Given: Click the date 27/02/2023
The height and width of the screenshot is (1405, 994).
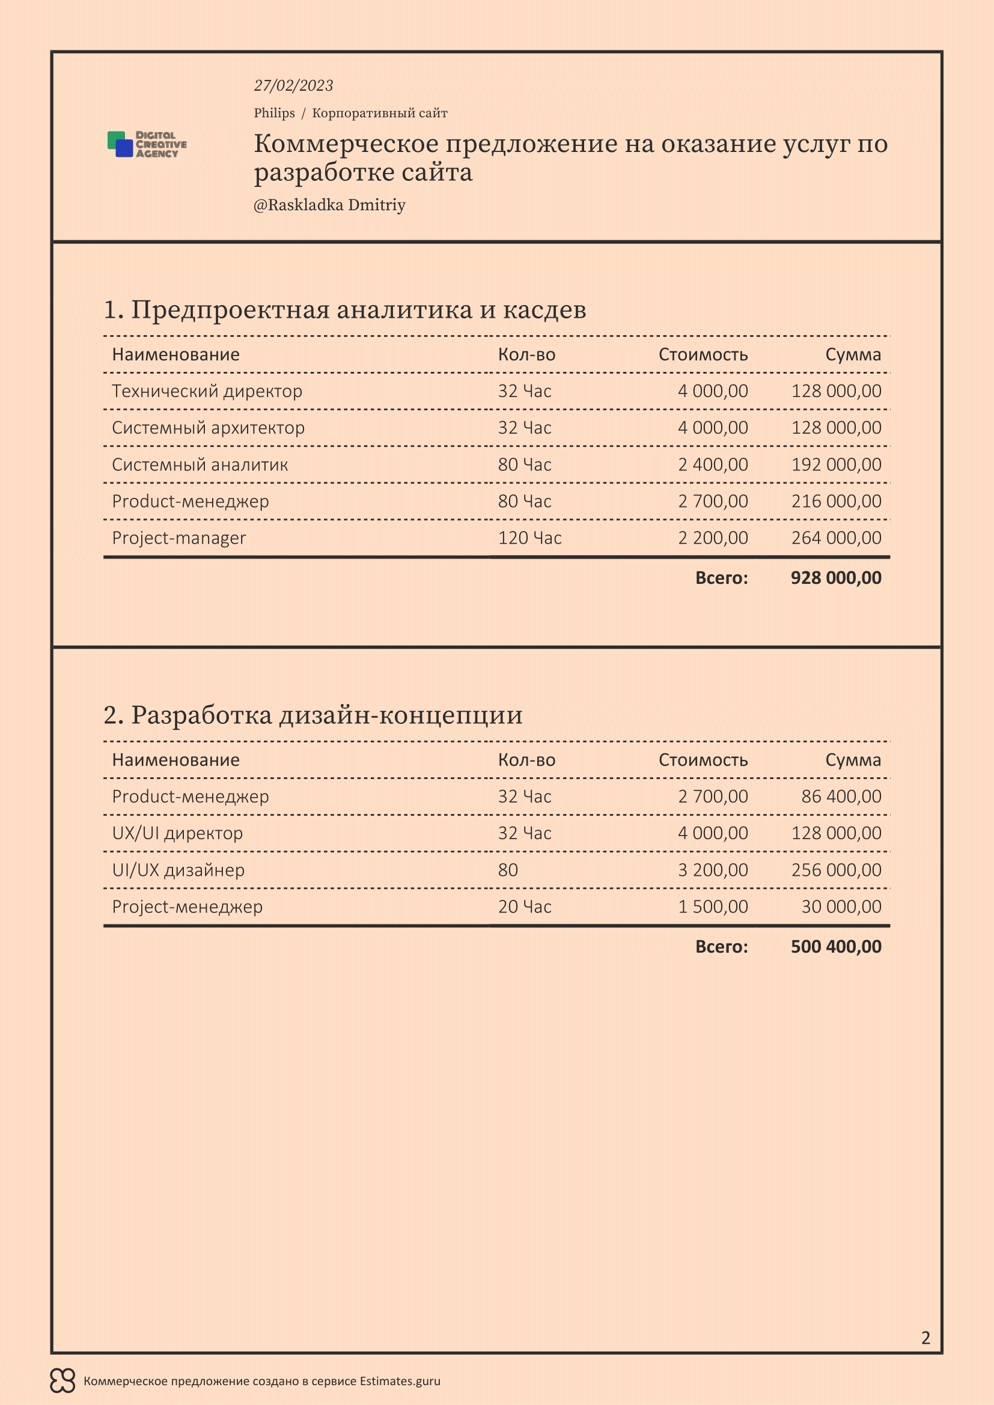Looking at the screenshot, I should pyautogui.click(x=293, y=86).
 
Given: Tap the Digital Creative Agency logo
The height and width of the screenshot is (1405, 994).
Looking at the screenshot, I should pyautogui.click(x=147, y=144).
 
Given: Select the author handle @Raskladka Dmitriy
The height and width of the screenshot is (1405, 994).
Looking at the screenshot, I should pyautogui.click(x=329, y=205).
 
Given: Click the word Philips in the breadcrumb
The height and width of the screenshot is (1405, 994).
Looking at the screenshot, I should pyautogui.click(x=274, y=113).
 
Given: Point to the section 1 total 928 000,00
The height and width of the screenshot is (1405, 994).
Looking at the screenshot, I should pyautogui.click(x=835, y=578).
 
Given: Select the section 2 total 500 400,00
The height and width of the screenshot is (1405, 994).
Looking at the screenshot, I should pyautogui.click(x=835, y=947).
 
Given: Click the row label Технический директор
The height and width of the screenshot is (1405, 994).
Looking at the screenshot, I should pyautogui.click(x=207, y=391).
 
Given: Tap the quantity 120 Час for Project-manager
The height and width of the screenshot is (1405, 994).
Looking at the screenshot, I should pyautogui.click(x=529, y=538).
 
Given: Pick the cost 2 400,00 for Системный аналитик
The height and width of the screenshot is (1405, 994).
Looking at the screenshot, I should pyautogui.click(x=713, y=464).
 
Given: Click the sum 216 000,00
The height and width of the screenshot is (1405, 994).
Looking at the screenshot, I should pyautogui.click(x=836, y=501).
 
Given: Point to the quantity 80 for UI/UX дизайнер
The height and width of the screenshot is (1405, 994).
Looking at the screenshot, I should pyautogui.click(x=508, y=870).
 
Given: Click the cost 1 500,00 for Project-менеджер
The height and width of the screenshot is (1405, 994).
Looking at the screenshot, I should pyautogui.click(x=713, y=906).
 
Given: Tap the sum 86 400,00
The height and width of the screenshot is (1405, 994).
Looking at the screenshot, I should pyautogui.click(x=841, y=796).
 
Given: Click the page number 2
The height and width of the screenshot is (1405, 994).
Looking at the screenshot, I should pyautogui.click(x=925, y=1338).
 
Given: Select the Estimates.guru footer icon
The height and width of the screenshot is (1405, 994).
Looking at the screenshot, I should pyautogui.click(x=63, y=1380).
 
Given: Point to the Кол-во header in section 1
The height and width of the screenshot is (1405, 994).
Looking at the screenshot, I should pyautogui.click(x=526, y=354).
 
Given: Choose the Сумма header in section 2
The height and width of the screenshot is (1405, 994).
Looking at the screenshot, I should pyautogui.click(x=853, y=760).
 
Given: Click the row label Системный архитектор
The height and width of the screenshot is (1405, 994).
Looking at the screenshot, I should pyautogui.click(x=208, y=428).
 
